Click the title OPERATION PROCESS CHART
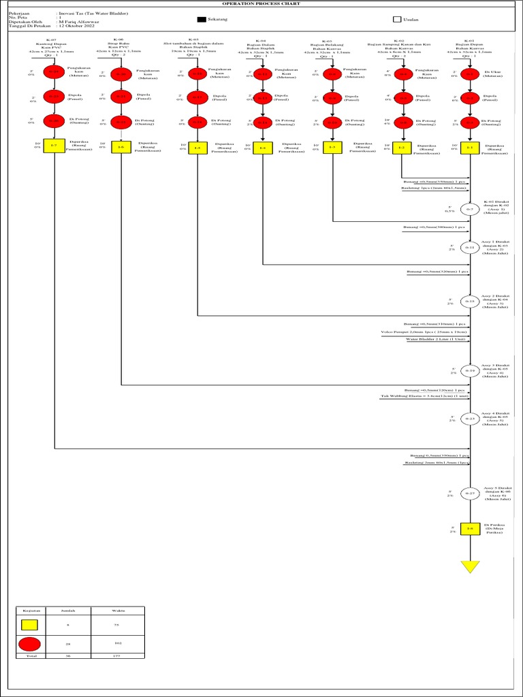261,3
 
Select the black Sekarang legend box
202,20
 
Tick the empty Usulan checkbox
397,20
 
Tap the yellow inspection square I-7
54,146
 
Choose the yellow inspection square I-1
469,146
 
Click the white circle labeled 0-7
469,210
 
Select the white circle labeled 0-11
469,248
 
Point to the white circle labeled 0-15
469,301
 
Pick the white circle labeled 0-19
469,371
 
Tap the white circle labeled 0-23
469,419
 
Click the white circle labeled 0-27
469,493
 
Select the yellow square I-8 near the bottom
469,529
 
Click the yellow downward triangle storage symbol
469,566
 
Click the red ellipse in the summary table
29,643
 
